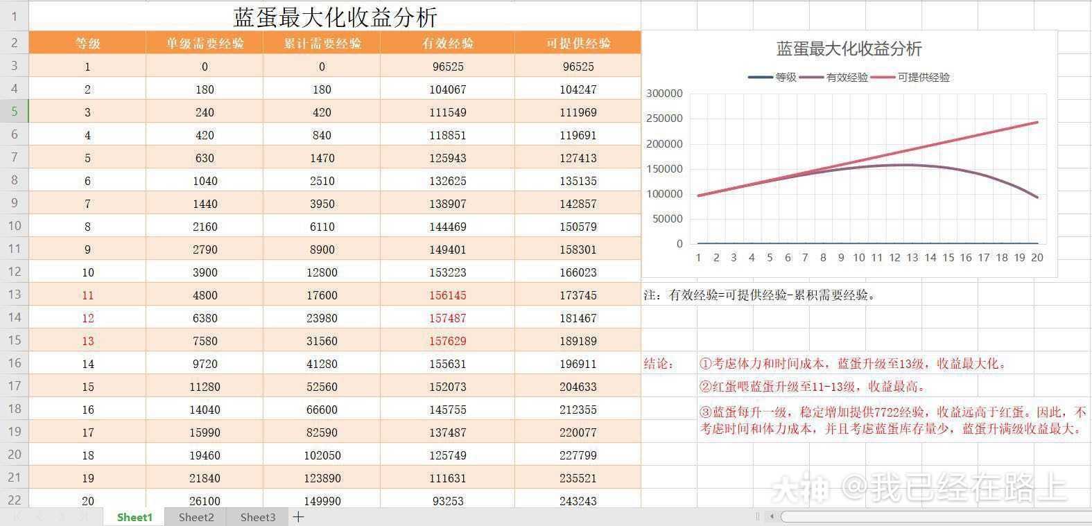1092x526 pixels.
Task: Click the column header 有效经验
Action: pyautogui.click(x=447, y=43)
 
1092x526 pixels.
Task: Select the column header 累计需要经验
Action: pyautogui.click(x=322, y=43)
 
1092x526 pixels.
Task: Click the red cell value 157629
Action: pyautogui.click(x=447, y=341)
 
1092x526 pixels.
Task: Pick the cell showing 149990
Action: pyautogui.click(x=322, y=501)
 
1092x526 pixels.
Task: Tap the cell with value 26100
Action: pyautogui.click(x=205, y=501)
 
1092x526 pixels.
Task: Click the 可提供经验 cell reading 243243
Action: pyautogui.click(x=578, y=501)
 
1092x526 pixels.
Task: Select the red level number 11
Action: pyautogui.click(x=87, y=295)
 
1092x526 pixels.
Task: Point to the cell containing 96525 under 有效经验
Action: pyautogui.click(x=447, y=67)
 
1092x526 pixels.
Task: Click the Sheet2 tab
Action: pyautogui.click(x=196, y=517)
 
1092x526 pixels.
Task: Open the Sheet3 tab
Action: pyautogui.click(x=258, y=517)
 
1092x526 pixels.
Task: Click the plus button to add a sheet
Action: pyautogui.click(x=298, y=517)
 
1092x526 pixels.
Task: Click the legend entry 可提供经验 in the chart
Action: pyautogui.click(x=923, y=78)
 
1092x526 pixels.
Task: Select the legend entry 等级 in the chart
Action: pyautogui.click(x=786, y=78)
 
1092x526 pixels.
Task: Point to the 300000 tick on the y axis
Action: pyautogui.click(x=664, y=94)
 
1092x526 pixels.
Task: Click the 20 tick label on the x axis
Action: pyautogui.click(x=1037, y=258)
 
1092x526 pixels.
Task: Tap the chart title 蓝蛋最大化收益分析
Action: pyautogui.click(x=849, y=49)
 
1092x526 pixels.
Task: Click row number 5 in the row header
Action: pyautogui.click(x=14, y=112)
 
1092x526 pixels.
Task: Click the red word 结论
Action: pyautogui.click(x=658, y=364)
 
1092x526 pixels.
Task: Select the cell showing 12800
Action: pyautogui.click(x=322, y=272)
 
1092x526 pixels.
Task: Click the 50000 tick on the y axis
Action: pyautogui.click(x=667, y=219)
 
